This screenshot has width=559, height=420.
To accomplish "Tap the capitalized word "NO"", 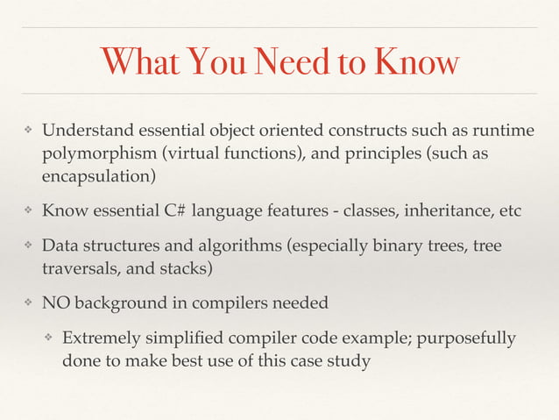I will point(58,303).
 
